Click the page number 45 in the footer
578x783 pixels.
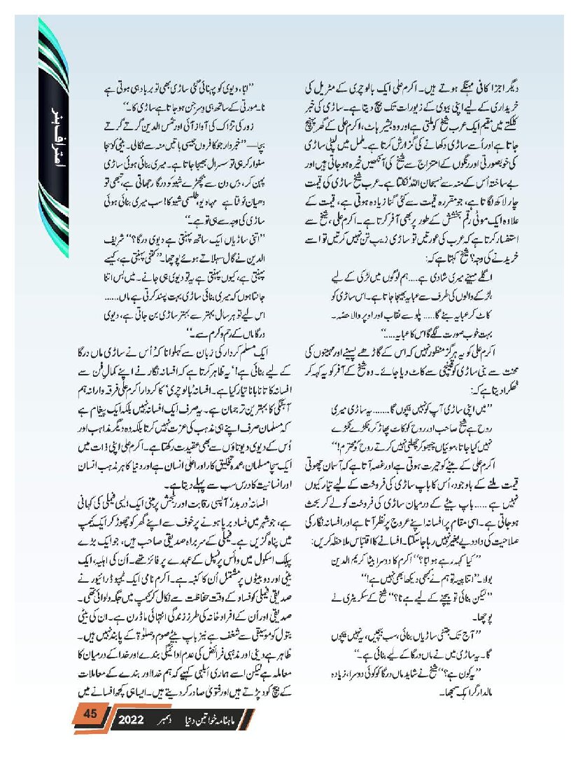click(90, 715)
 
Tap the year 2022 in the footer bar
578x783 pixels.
click(129, 720)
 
